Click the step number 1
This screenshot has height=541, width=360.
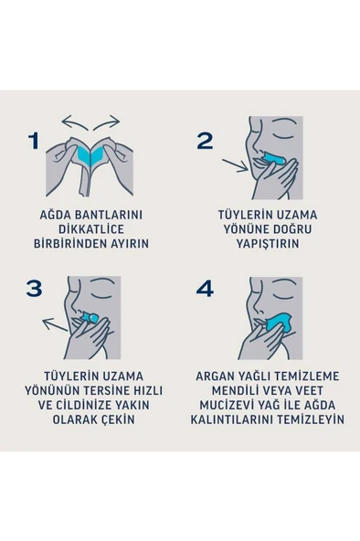point(35,141)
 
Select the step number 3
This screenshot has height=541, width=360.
point(35,288)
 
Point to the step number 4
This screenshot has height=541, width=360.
point(205,288)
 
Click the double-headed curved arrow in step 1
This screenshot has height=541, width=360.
point(90,122)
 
